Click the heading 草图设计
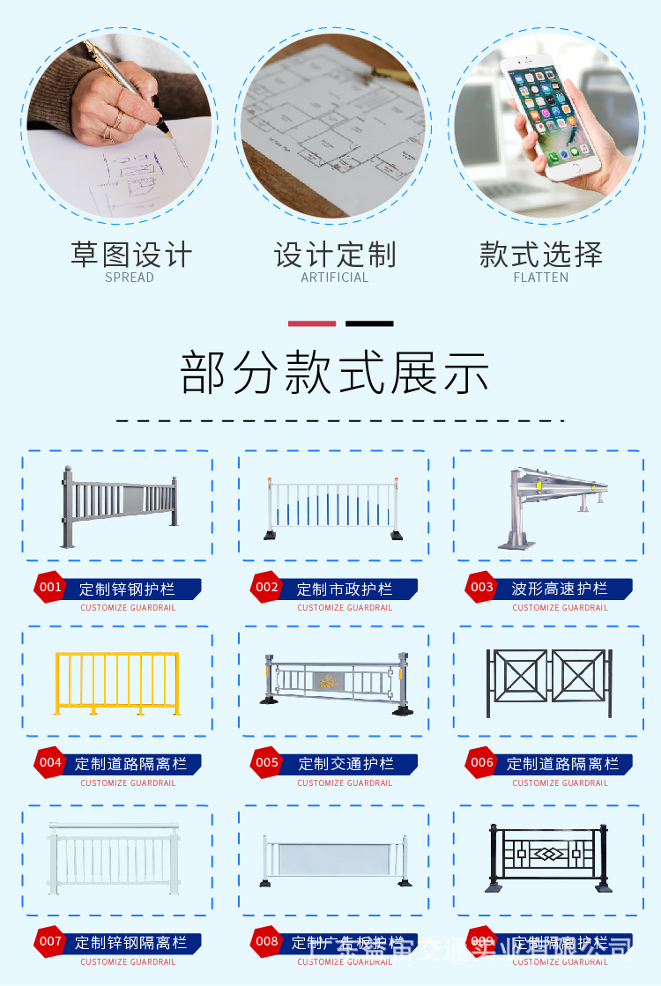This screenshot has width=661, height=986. (130, 255)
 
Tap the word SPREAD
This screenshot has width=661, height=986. (130, 278)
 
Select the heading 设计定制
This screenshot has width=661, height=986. (335, 255)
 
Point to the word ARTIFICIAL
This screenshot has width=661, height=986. (335, 278)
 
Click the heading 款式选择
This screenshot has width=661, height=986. (541, 255)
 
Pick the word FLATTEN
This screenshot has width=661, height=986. (541, 278)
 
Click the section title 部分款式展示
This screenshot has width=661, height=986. (335, 373)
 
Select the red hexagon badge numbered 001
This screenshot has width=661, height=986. (50, 588)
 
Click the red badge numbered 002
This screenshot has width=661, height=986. (266, 588)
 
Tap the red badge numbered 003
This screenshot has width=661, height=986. (481, 588)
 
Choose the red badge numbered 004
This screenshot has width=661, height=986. (50, 763)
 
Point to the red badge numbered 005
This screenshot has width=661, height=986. (266, 763)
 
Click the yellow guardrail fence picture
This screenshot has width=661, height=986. (117, 683)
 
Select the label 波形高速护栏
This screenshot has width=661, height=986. (560, 589)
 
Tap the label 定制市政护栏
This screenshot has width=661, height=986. (345, 589)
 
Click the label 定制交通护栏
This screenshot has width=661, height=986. (345, 764)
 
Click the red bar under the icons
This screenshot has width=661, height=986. (312, 323)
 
